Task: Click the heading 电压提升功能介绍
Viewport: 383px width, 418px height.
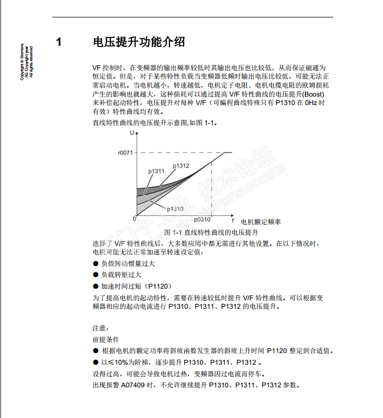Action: click(138, 42)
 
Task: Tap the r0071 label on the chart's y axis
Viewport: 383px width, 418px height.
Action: click(126, 153)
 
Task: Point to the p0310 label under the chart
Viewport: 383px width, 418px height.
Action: click(202, 218)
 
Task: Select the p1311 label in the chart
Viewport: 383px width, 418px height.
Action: click(156, 171)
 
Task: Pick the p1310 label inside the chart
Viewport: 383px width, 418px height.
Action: click(175, 208)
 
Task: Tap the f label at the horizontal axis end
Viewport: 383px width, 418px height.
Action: click(232, 218)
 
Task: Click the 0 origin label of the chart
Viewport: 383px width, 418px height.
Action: click(135, 218)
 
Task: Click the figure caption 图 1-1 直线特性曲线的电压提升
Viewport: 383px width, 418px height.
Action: click(211, 232)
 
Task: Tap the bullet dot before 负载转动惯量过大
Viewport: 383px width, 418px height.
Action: click(95, 263)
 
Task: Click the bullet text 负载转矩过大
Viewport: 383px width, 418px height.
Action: click(121, 274)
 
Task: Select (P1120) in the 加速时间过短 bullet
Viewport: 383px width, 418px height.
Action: click(157, 286)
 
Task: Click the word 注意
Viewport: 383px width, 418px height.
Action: click(101, 328)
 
